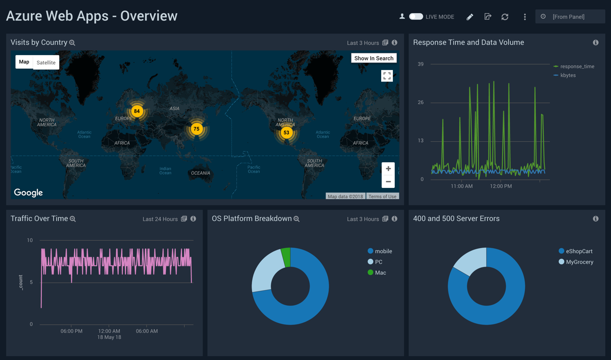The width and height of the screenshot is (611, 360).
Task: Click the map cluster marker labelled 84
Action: (137, 111)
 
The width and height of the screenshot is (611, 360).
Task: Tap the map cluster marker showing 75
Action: (197, 129)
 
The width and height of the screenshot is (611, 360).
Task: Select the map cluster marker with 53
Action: (286, 132)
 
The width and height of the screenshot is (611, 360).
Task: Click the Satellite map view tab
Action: (46, 62)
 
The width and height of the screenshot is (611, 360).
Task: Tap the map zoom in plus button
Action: (388, 169)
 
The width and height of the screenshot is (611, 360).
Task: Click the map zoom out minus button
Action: (388, 181)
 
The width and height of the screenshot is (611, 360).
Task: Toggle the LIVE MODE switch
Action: (416, 17)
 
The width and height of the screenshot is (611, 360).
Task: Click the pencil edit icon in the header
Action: (470, 17)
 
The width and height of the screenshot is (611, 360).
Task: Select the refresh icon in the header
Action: (505, 17)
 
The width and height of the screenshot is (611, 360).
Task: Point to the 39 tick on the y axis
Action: (421, 64)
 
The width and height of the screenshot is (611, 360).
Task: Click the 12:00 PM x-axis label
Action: (501, 186)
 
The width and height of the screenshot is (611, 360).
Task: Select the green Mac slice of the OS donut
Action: (286, 257)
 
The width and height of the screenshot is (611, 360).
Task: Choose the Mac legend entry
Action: (380, 273)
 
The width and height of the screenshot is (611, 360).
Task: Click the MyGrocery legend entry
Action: (579, 262)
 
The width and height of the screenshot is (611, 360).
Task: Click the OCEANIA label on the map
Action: (200, 173)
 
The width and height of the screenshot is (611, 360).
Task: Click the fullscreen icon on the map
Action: (387, 76)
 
